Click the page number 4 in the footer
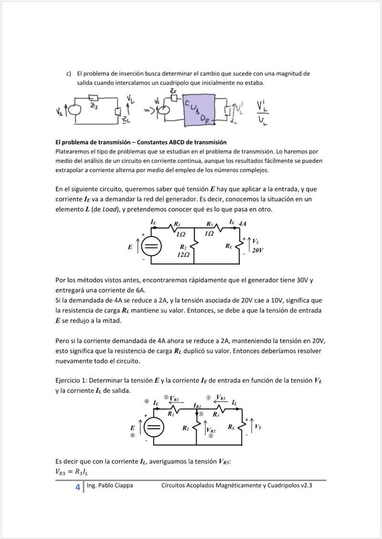tap(77, 487)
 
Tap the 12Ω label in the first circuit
tap(183, 255)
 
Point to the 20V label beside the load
tap(258, 250)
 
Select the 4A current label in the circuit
tap(243, 224)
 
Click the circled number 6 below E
tap(133, 436)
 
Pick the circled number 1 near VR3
tap(208, 398)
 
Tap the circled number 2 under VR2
tap(211, 436)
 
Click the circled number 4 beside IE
tap(147, 401)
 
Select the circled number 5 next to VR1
tap(166, 397)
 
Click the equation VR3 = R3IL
tap(72, 472)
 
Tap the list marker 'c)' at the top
tap(69, 74)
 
